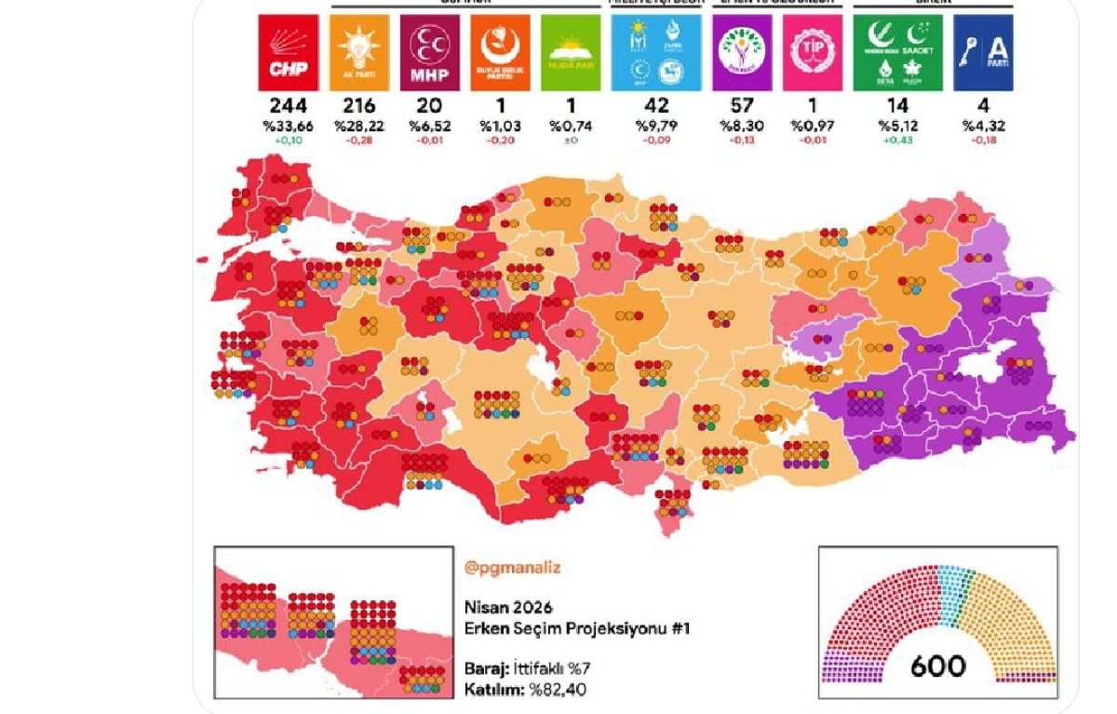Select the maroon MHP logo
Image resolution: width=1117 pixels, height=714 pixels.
[429, 52]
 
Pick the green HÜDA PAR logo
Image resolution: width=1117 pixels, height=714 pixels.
[571, 52]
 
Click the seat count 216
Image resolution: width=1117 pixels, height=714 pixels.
[358, 106]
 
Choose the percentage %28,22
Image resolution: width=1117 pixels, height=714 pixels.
[358, 126]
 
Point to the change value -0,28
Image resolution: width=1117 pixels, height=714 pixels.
[358, 141]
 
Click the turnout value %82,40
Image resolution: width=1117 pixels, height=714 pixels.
[558, 690]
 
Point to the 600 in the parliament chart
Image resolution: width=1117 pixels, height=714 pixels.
[937, 666]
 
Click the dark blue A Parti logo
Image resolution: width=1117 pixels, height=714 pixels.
[983, 52]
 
